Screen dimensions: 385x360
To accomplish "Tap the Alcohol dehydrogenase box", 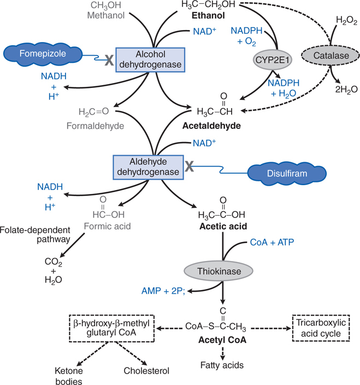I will coord(151,60).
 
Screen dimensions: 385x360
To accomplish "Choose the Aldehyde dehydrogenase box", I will coord(147,167).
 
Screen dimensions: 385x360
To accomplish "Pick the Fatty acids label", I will coord(221,364).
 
